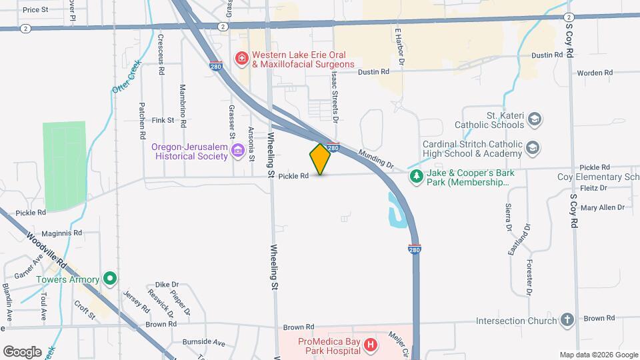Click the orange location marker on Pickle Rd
320,159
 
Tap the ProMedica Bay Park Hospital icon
371,345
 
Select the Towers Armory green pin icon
111,279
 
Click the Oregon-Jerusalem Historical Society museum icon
237,153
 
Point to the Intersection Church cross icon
567,321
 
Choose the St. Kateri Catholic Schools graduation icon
533,119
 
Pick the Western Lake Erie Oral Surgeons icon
241,59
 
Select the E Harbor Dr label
400,47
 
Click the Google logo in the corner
22,351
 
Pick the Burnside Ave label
205,342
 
